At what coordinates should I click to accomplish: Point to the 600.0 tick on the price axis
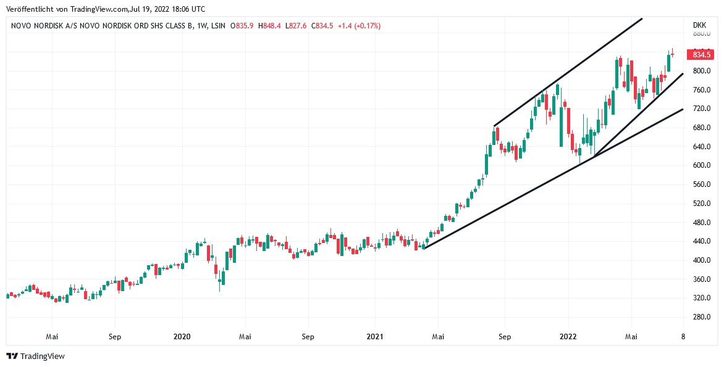(x=701, y=165)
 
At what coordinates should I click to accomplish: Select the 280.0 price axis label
(x=701, y=317)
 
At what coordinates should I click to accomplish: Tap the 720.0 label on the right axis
(x=701, y=109)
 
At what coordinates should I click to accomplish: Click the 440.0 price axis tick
(x=701, y=242)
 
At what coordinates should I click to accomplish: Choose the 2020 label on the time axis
(x=182, y=337)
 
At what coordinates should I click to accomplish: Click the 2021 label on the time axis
(x=375, y=337)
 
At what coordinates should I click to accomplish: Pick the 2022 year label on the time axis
(x=568, y=337)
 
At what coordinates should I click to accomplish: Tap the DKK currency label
(x=699, y=26)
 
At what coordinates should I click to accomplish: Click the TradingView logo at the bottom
(x=36, y=356)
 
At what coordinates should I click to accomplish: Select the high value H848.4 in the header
(x=270, y=27)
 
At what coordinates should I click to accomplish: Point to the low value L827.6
(x=296, y=27)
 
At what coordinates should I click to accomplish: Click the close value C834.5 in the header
(x=322, y=27)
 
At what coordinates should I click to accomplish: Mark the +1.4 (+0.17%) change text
(x=359, y=27)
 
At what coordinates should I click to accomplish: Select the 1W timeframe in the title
(x=201, y=27)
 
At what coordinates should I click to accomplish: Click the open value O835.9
(x=242, y=27)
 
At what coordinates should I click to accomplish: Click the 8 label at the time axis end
(x=683, y=337)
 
